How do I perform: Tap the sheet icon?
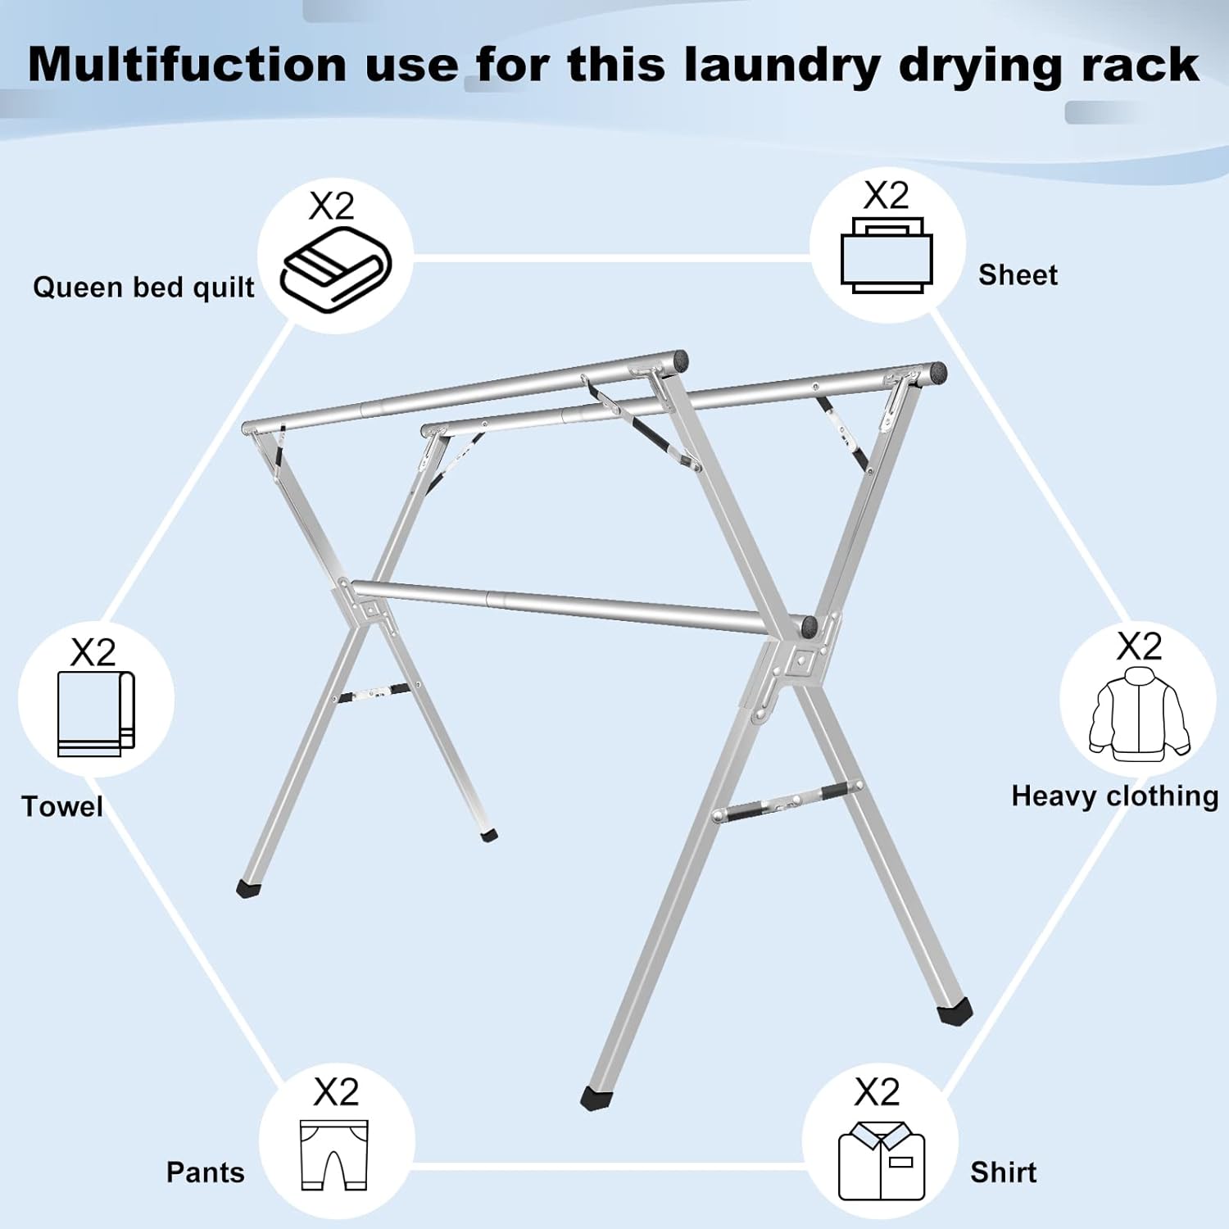pyautogui.click(x=887, y=256)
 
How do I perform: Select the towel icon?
pyautogui.click(x=96, y=714)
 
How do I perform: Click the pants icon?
pyautogui.click(x=334, y=1155)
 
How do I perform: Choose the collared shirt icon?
pyautogui.click(x=881, y=1161)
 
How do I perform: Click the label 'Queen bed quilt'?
pyautogui.click(x=143, y=288)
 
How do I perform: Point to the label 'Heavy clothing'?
pyautogui.click(x=1114, y=796)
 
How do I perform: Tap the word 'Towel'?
pyautogui.click(x=62, y=806)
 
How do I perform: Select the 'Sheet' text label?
pyautogui.click(x=1018, y=274)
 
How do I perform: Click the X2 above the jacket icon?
pyautogui.click(x=1139, y=646)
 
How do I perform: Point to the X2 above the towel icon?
pyautogui.click(x=93, y=652)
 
